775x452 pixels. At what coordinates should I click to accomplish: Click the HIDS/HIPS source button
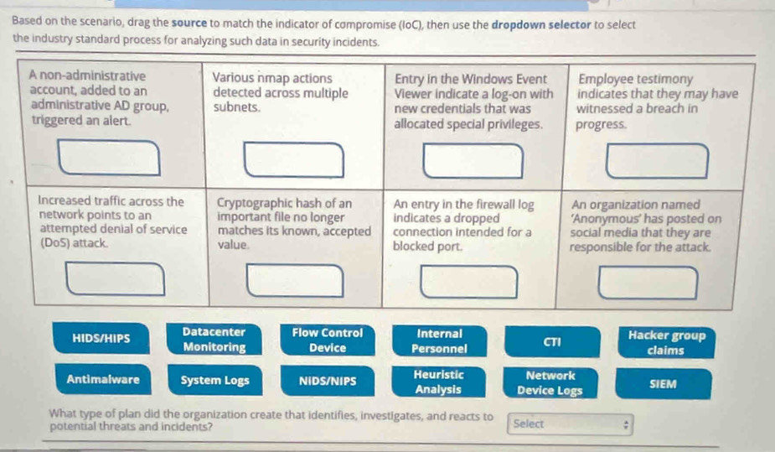pyautogui.click(x=101, y=338)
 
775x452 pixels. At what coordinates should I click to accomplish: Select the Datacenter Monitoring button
pyautogui.click(x=214, y=340)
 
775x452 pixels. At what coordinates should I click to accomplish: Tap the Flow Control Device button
pyautogui.click(x=328, y=340)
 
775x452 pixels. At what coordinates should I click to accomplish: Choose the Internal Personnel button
pyautogui.click(x=439, y=341)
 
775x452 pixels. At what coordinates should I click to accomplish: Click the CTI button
pyautogui.click(x=552, y=341)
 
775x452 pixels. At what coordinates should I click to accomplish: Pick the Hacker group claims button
pyautogui.click(x=666, y=343)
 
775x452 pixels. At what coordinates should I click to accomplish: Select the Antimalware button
pyautogui.click(x=103, y=379)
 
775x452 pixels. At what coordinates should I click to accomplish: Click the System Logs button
pyautogui.click(x=215, y=380)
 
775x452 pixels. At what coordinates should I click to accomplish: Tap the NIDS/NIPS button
pyautogui.click(x=328, y=382)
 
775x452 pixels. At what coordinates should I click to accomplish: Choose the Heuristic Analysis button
pyautogui.click(x=438, y=382)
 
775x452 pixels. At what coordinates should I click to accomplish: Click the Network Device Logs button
pyautogui.click(x=550, y=382)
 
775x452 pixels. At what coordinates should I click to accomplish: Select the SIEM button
pyautogui.click(x=664, y=384)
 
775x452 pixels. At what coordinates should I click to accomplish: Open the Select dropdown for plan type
pyautogui.click(x=570, y=424)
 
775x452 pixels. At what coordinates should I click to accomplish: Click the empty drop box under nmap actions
pyautogui.click(x=294, y=159)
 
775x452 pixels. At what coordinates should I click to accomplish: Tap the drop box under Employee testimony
pyautogui.click(x=657, y=161)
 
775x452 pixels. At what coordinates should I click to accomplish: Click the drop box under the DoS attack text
pyautogui.click(x=116, y=279)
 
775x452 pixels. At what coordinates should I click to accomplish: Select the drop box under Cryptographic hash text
pyautogui.click(x=295, y=281)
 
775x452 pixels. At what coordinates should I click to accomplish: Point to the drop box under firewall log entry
pyautogui.click(x=469, y=282)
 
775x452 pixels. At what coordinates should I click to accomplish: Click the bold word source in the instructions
pyautogui.click(x=189, y=23)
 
